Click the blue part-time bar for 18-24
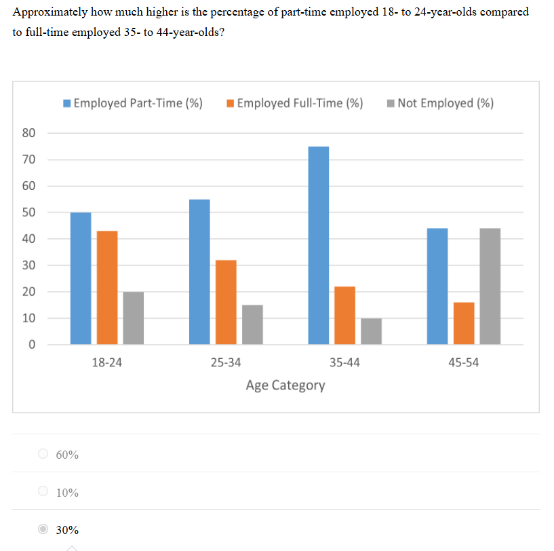(x=81, y=278)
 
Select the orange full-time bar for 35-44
(x=344, y=316)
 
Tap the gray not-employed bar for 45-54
(x=490, y=286)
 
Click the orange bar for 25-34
(x=226, y=303)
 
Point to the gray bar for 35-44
(x=371, y=331)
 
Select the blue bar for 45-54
(x=437, y=286)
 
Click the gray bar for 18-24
(x=134, y=318)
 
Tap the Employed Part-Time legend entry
(x=133, y=103)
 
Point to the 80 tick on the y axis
(x=29, y=133)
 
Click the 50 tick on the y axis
(x=29, y=212)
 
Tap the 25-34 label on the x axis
(x=226, y=362)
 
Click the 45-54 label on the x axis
(x=464, y=362)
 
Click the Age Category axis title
(x=285, y=385)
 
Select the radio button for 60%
(x=44, y=454)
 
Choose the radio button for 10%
(x=44, y=491)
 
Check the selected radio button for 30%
(x=44, y=529)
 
